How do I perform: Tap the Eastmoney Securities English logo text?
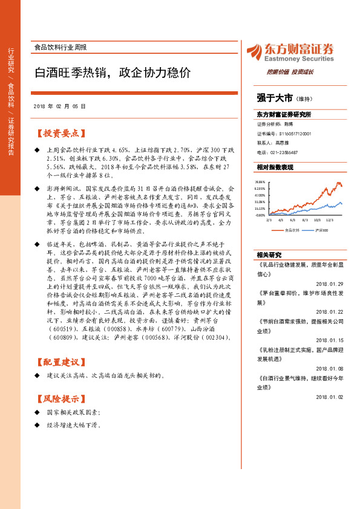(292, 60)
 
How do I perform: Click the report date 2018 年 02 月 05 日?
(60, 106)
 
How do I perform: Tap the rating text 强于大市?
(275, 97)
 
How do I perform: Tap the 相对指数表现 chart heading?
(275, 167)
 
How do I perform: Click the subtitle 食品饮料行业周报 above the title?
(59, 47)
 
